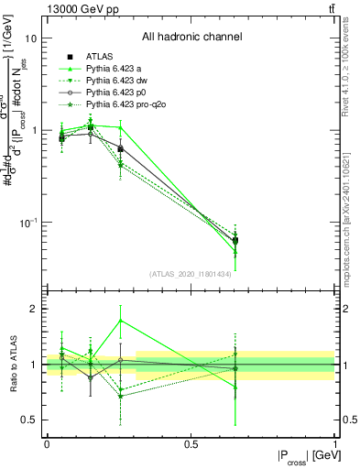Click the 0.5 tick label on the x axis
coord(191,443)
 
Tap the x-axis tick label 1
coord(335,443)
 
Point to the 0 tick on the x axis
coord(47,443)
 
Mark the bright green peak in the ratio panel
coord(121,320)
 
